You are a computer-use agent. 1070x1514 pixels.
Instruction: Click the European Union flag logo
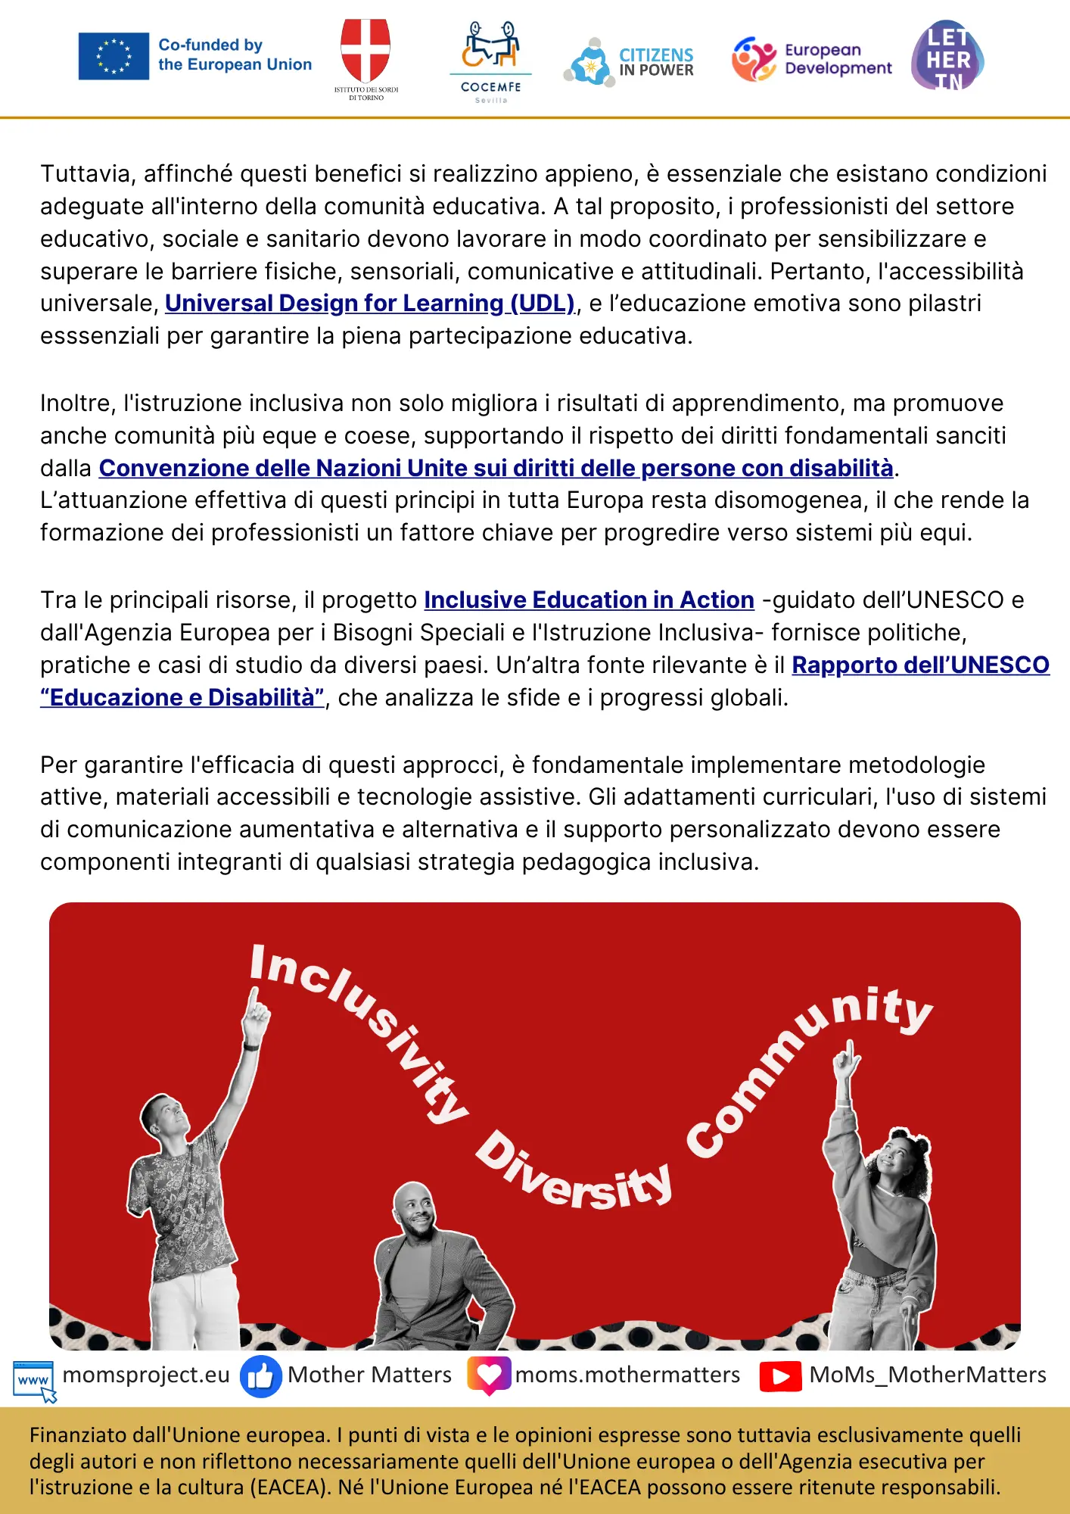pos(114,56)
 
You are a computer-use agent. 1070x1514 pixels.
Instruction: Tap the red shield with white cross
pos(365,50)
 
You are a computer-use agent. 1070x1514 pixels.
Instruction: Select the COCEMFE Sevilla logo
pos(491,61)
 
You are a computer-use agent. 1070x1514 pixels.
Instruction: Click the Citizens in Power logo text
pos(656,62)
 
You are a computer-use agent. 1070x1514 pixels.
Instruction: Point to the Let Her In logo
pos(947,57)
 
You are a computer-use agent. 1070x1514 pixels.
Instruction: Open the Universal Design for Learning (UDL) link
pos(370,304)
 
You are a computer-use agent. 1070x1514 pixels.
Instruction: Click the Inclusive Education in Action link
pos(589,600)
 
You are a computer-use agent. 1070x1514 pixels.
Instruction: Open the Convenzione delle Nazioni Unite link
pos(496,469)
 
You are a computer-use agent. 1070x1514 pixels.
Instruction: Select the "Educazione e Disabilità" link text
pos(182,698)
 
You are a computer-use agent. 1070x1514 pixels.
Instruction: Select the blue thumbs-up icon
pos(260,1376)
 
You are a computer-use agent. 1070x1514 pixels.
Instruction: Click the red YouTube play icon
pos(780,1376)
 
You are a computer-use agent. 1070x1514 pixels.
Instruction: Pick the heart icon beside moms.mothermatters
pos(489,1375)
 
